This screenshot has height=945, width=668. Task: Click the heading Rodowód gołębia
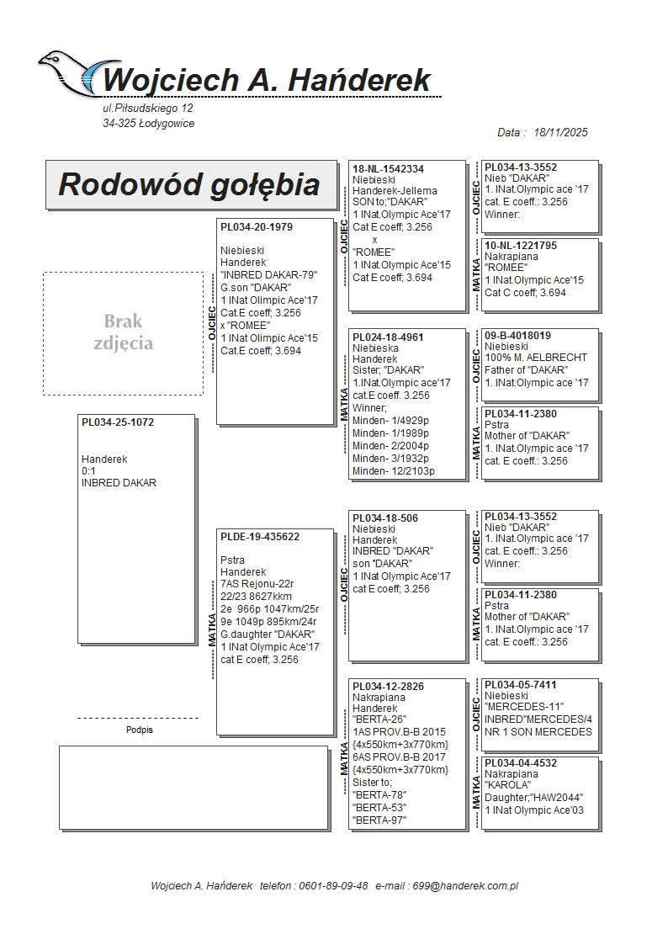pos(189,184)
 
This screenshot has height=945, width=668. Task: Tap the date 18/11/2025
pos(560,133)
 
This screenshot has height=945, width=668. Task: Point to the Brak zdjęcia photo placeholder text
pos(123,332)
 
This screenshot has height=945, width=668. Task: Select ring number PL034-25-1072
pos(119,422)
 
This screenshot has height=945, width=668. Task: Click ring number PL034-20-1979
pos(257,227)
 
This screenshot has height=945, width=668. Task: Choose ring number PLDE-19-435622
pos(260,537)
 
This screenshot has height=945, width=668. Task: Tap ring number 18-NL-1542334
pos(388,169)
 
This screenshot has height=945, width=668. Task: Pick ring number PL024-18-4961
pos(388,337)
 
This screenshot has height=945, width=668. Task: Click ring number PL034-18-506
pos(385,518)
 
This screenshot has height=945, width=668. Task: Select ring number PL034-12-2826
pos(388,687)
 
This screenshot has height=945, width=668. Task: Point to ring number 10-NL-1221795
pos(521,246)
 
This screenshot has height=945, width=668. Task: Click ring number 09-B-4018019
pos(518,336)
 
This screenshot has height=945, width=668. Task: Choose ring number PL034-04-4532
pos(521,763)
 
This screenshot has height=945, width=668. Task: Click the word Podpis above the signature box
pos(140,730)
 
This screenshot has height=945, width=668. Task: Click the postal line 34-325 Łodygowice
pos(148,124)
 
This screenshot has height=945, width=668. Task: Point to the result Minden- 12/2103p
pos(394,470)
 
